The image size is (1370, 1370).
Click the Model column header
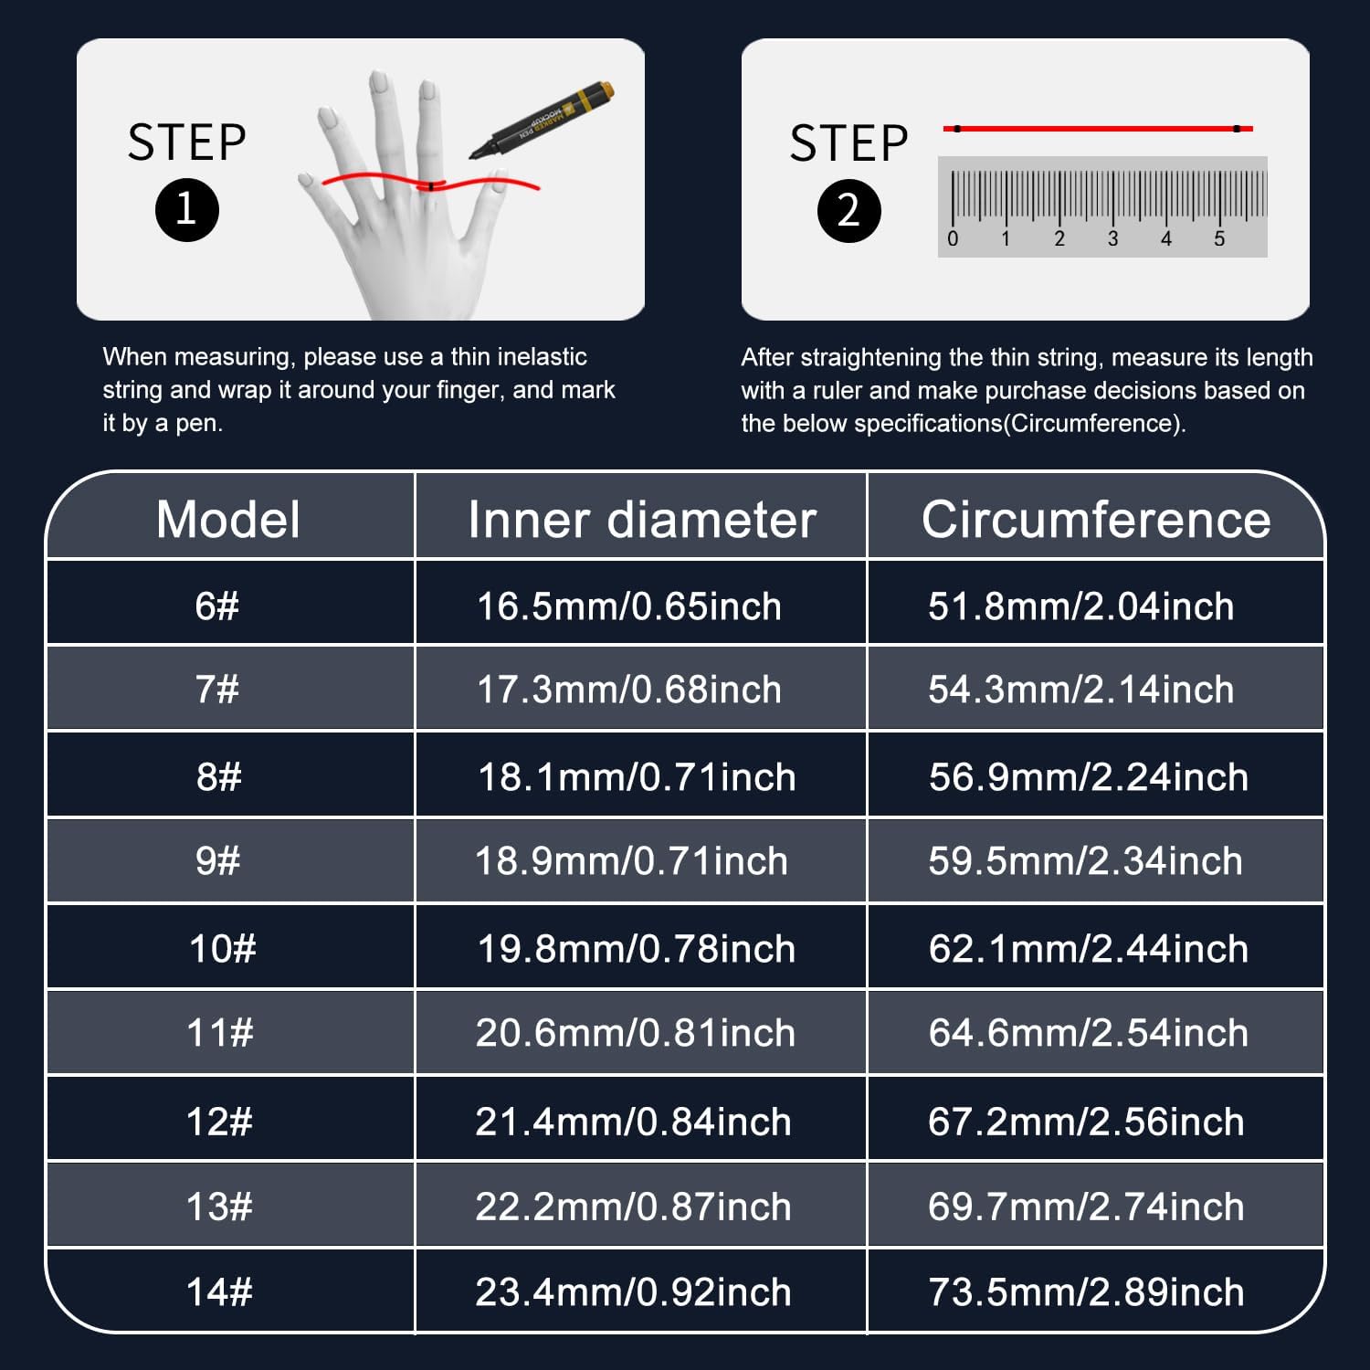tap(227, 520)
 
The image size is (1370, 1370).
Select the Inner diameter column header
tap(641, 520)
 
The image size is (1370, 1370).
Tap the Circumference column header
tap(1096, 520)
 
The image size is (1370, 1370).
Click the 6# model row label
tap(216, 606)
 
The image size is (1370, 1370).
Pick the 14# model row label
tap(219, 1292)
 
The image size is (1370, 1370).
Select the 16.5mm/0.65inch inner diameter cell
tap(629, 606)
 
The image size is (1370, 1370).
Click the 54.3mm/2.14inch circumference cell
tap(1081, 690)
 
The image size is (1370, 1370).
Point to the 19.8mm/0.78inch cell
tap(637, 949)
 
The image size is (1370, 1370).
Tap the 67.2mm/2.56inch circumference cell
tap(1086, 1122)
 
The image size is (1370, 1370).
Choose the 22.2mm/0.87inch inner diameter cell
tap(633, 1207)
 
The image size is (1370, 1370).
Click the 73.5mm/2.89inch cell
tap(1086, 1292)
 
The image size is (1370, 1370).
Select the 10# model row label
tap(223, 949)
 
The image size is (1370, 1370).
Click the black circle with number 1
tap(187, 210)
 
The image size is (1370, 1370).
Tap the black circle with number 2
tap(849, 211)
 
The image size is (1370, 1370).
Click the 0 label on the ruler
tap(953, 239)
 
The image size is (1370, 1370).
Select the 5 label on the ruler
tap(1219, 239)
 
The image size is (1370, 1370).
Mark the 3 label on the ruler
tap(1112, 239)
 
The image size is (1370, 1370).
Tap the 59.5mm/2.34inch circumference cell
tap(1086, 861)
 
